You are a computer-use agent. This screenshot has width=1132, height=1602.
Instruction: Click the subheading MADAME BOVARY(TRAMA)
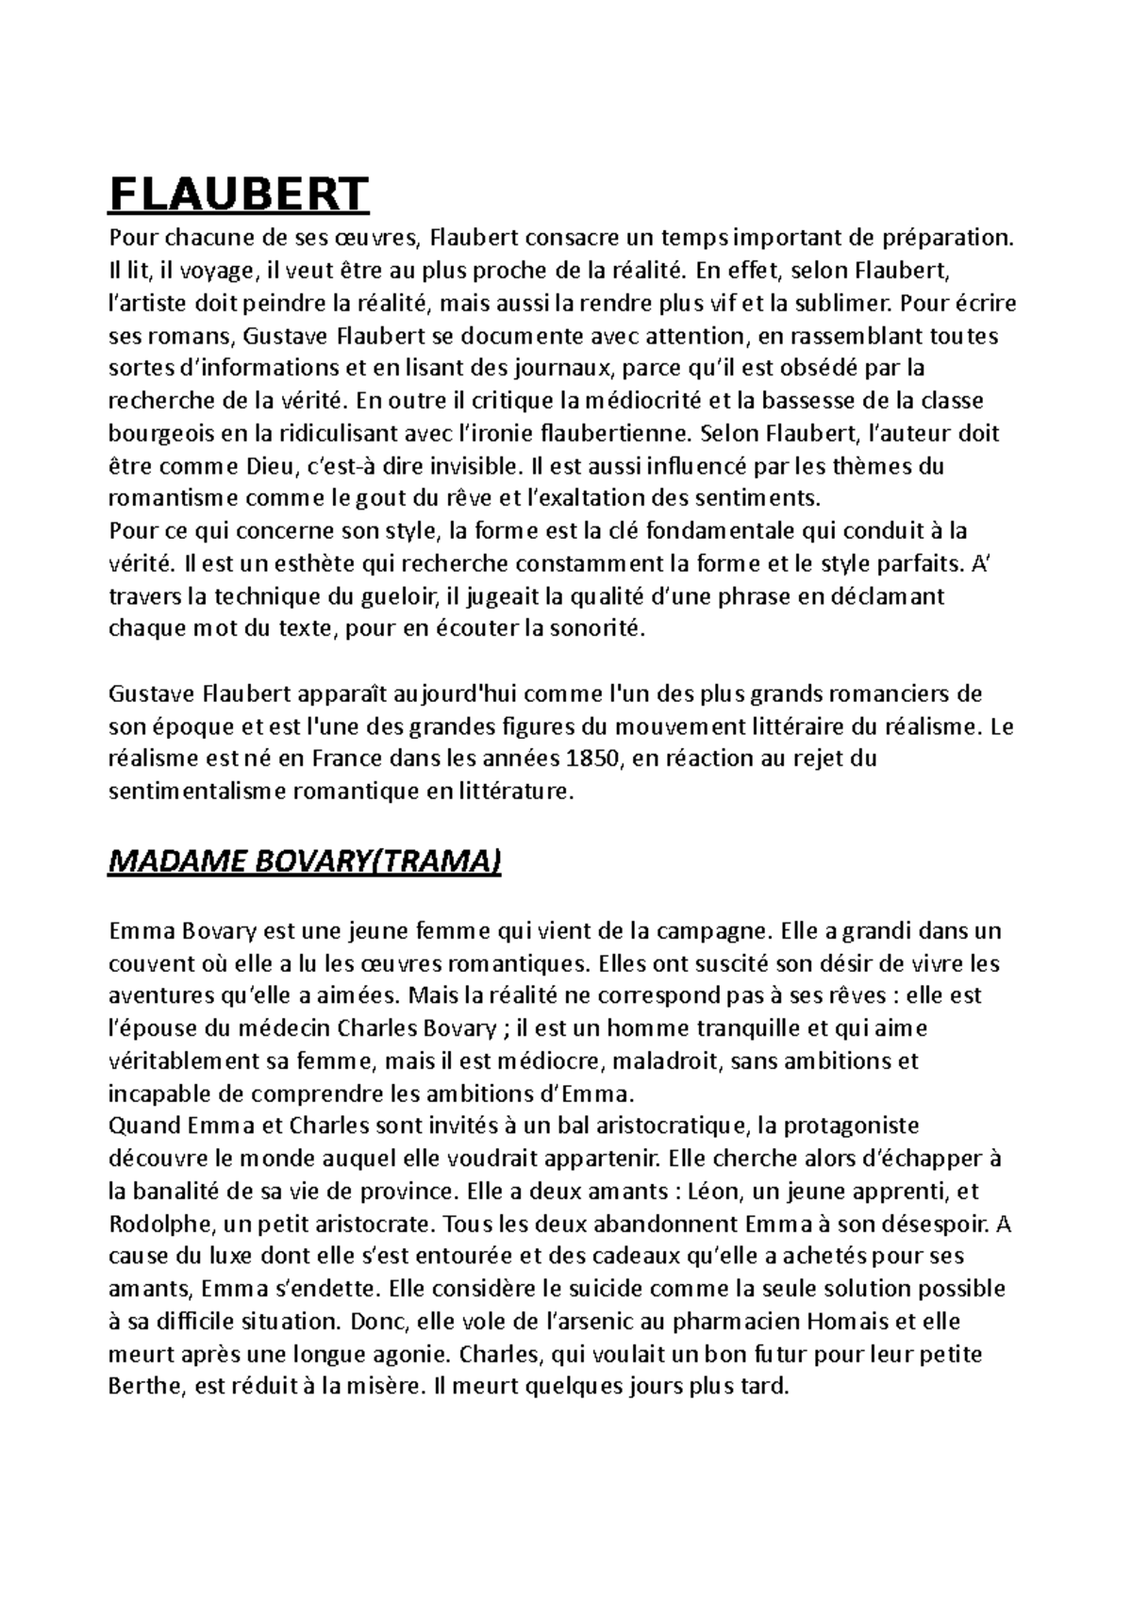click(x=306, y=861)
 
